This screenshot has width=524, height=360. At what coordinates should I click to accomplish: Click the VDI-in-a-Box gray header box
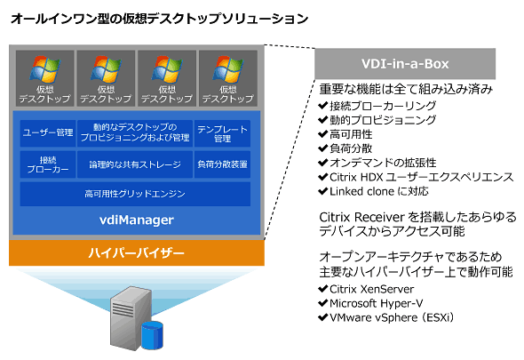coord(405,64)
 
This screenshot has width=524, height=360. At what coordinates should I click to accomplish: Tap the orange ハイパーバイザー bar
coord(137,253)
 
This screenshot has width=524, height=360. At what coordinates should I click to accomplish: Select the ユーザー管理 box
coord(48,133)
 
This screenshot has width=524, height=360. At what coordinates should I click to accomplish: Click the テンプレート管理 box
coord(222,133)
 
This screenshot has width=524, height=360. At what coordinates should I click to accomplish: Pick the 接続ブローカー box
coord(48,164)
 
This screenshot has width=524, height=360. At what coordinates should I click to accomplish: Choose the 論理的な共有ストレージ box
coord(135,164)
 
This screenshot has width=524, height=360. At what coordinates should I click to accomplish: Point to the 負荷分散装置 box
coord(222,164)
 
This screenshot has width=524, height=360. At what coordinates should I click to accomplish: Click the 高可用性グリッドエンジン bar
coord(135,194)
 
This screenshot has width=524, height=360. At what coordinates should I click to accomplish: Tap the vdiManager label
coord(137,220)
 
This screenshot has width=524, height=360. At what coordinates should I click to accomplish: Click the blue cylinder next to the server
coord(152,336)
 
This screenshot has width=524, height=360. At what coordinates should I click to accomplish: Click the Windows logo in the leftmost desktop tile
coord(44,69)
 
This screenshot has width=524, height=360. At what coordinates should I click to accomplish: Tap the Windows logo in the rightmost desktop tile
coord(228,69)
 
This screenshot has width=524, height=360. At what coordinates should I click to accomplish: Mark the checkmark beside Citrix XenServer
coord(322,288)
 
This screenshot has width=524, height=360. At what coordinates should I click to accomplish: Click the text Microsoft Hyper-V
coord(377,303)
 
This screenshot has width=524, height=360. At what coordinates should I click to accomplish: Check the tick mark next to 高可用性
coord(322,134)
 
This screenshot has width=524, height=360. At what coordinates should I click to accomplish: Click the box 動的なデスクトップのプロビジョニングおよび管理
coord(135,133)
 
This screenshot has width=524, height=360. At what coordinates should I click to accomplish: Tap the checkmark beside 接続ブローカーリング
coord(322,106)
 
